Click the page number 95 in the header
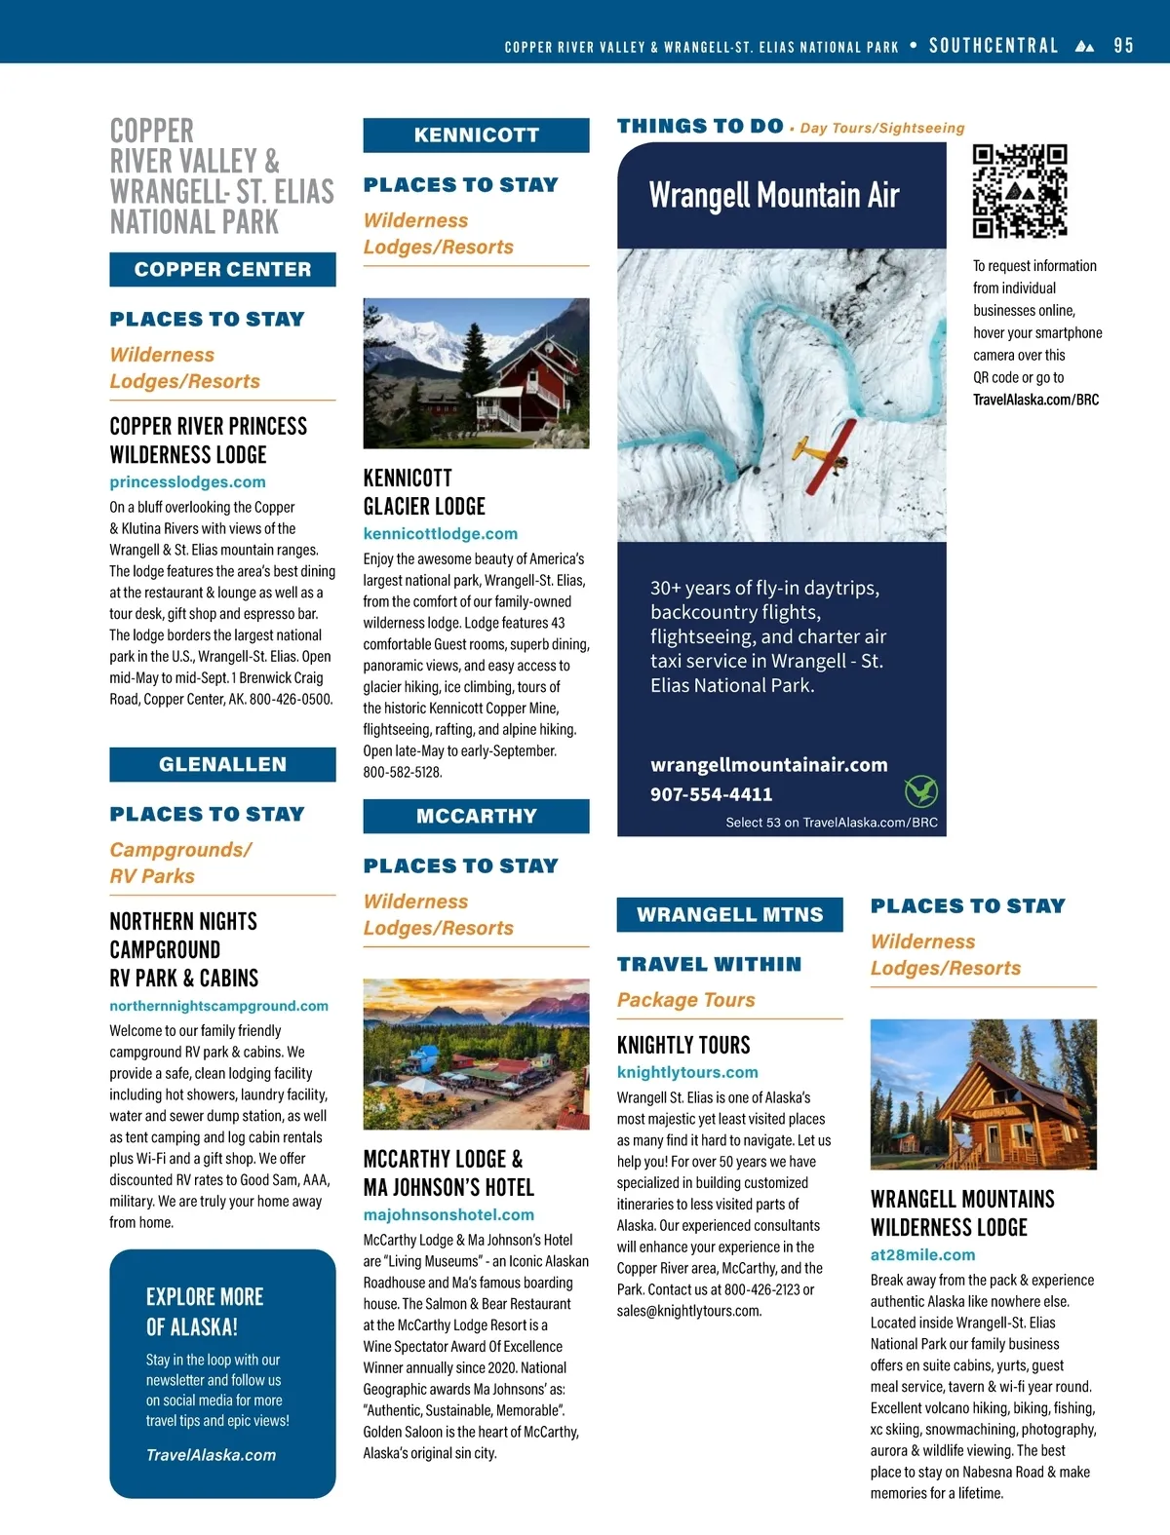[1123, 46]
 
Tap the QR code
[1020, 191]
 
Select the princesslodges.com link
[187, 481]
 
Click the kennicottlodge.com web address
[441, 533]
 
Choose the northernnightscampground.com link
[218, 1006]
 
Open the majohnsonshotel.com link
[448, 1214]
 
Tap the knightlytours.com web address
[687, 1072]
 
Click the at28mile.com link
[922, 1254]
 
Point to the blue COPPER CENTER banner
[222, 269]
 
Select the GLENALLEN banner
[222, 764]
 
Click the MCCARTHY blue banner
[476, 816]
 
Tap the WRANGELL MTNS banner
[729, 914]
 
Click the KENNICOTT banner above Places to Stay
[476, 134]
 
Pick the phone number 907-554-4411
[711, 794]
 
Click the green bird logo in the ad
[920, 790]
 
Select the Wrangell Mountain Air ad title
[774, 195]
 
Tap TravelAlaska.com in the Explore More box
[211, 1454]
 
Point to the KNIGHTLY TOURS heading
[683, 1045]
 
